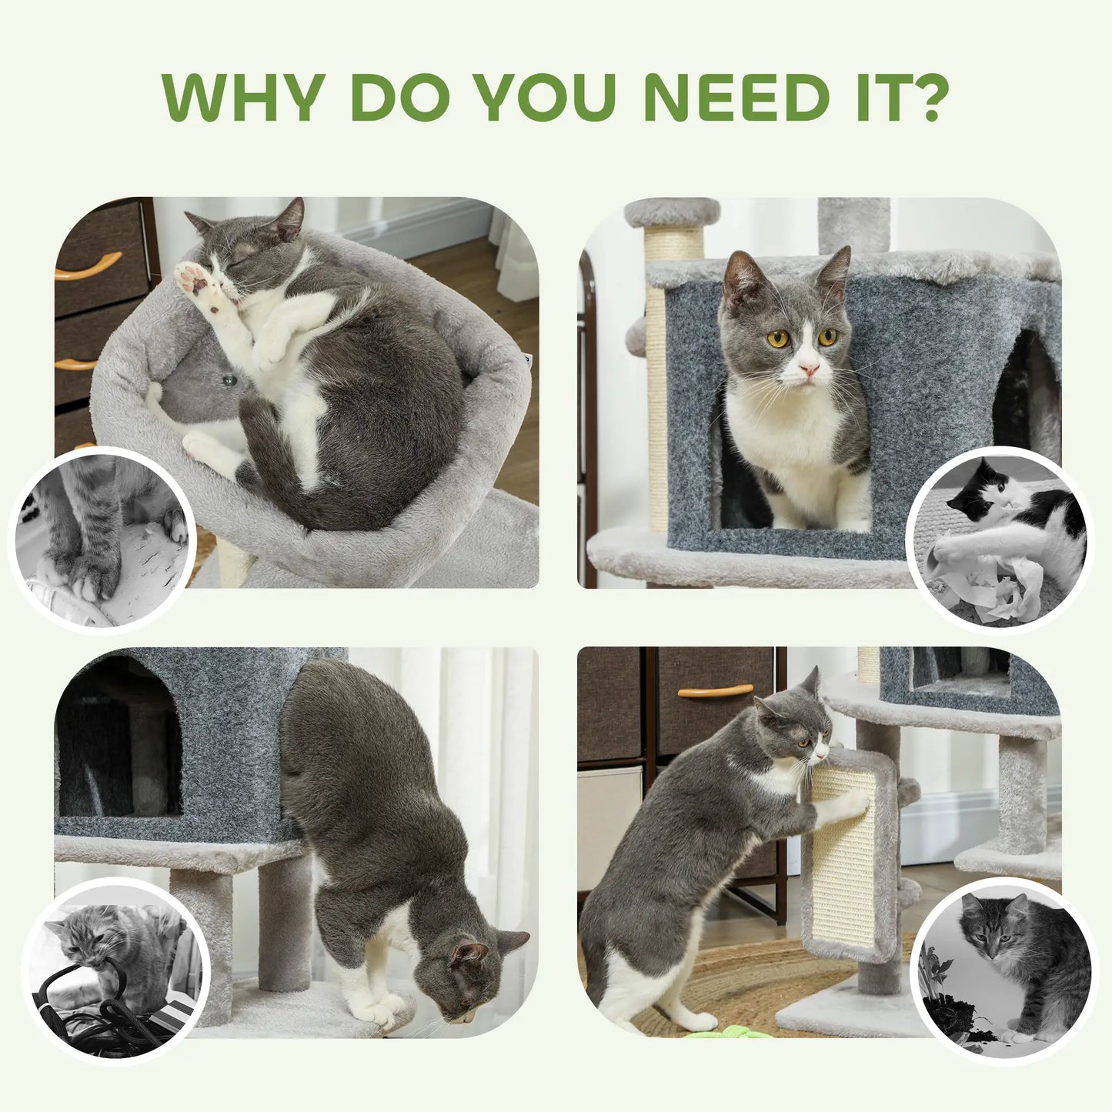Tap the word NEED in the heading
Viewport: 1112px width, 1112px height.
pyautogui.click(x=736, y=98)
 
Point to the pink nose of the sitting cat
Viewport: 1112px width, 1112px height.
pyautogui.click(x=807, y=370)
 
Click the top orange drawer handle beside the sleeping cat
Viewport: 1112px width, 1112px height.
pyautogui.click(x=87, y=266)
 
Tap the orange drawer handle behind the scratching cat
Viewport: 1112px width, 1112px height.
pyautogui.click(x=715, y=690)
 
